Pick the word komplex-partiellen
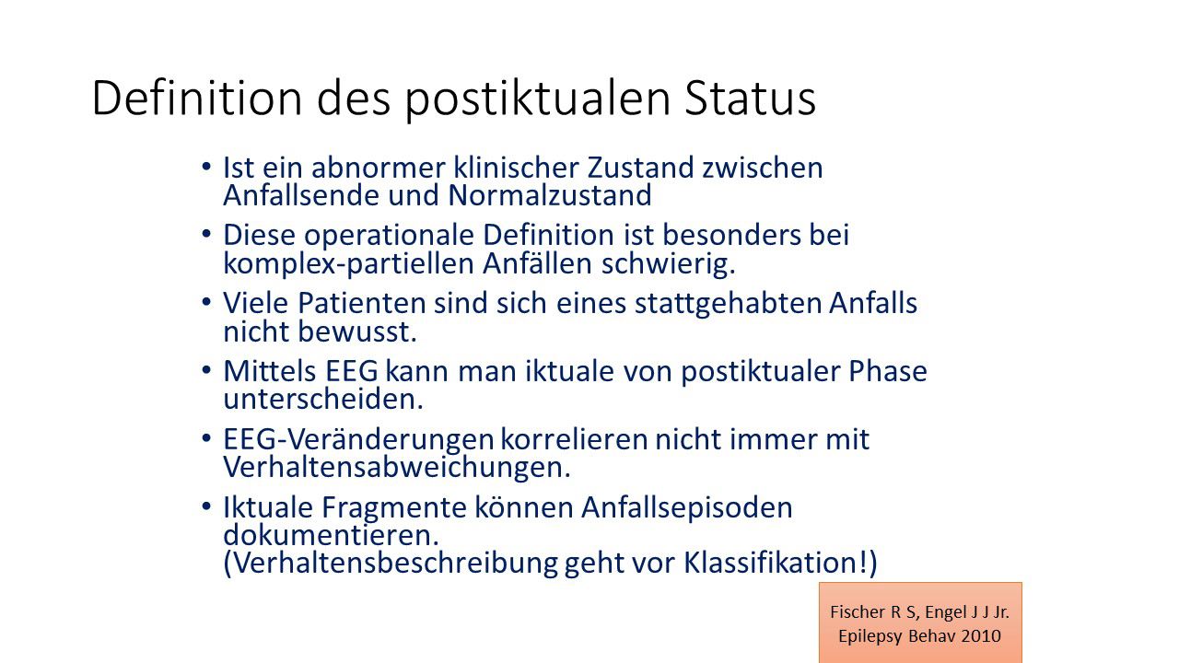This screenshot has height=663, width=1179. click(x=349, y=264)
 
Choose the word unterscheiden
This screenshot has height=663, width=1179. click(x=323, y=399)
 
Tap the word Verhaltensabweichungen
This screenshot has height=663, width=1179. click(x=397, y=468)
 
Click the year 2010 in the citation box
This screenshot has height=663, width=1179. click(x=983, y=635)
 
